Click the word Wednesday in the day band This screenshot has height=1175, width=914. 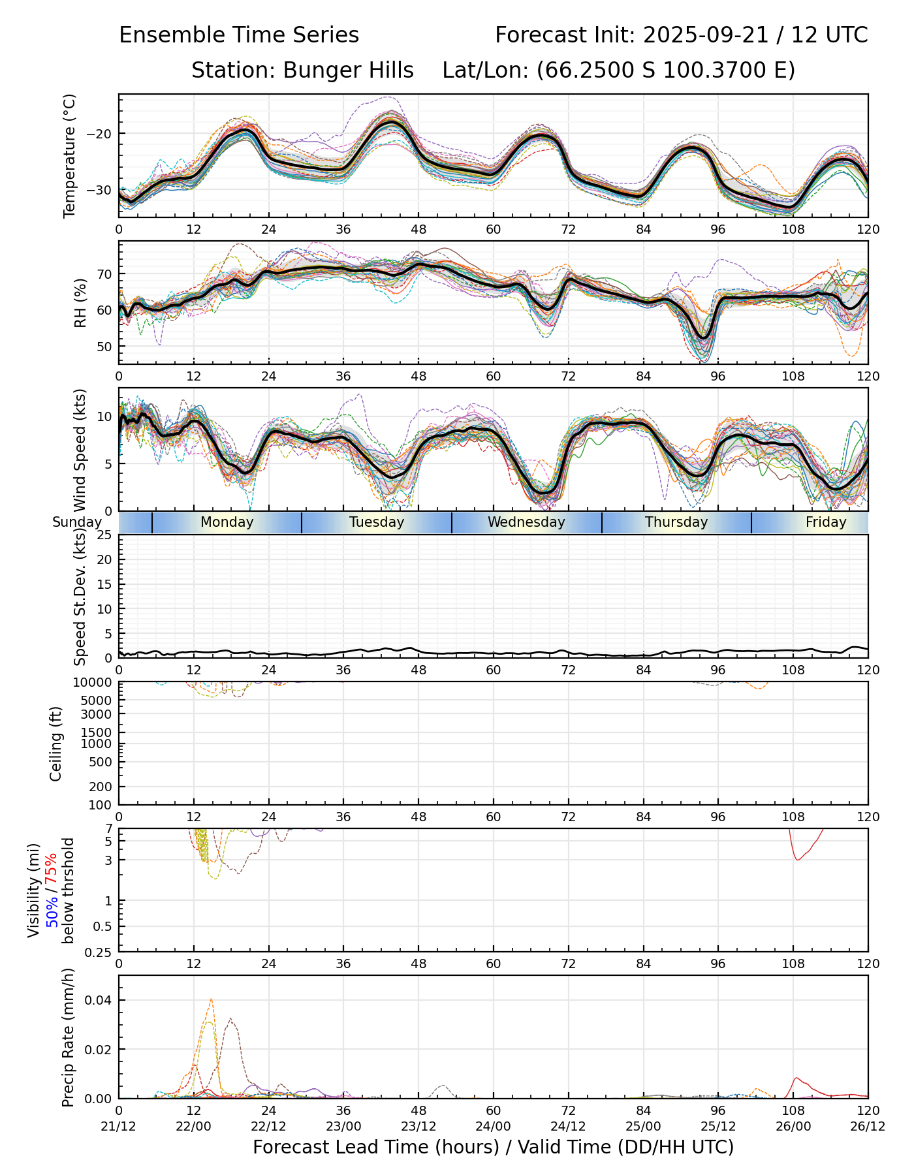point(526,522)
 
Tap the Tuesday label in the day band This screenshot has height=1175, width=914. point(377,522)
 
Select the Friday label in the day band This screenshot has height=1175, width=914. point(826,522)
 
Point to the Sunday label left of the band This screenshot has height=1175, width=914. point(77,522)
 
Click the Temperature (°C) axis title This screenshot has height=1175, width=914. point(70,155)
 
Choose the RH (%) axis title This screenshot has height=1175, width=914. point(80,302)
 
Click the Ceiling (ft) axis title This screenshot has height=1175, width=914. point(56,744)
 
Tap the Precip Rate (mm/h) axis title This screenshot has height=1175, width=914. point(68,1037)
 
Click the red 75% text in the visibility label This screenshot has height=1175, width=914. point(51,866)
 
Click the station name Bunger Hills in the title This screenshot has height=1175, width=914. point(348,70)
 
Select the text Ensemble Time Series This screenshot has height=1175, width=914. point(239,35)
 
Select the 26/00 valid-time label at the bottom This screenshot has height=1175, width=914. point(793,1127)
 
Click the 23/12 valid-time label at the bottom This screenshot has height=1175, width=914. point(418,1127)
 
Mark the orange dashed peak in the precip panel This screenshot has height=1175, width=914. point(211,999)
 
